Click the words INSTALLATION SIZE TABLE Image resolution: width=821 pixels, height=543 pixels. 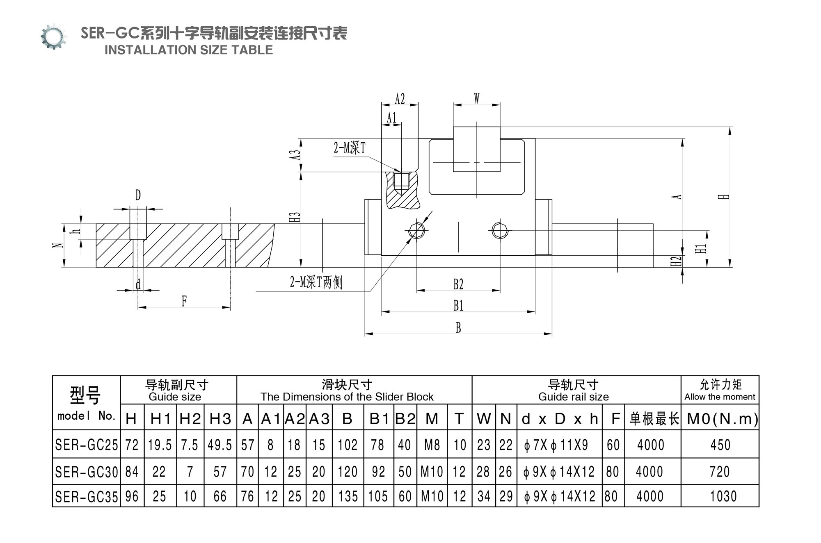pos(189,50)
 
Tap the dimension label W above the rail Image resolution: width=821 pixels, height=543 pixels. pos(476,98)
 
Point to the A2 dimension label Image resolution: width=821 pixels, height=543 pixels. pos(400,99)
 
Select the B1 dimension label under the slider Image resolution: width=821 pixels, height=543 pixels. pos(458,305)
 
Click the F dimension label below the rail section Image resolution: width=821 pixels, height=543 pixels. pos(184,301)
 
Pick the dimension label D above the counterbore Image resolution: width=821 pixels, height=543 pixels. pos(138,195)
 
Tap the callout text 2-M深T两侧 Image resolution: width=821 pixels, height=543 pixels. pos(316,282)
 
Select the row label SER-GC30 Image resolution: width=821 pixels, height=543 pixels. pos(87,472)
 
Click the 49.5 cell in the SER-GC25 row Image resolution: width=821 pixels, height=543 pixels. pos(220,445)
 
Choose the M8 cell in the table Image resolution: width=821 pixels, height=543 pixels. pos(432,445)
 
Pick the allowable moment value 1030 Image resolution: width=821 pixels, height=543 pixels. pos(723,496)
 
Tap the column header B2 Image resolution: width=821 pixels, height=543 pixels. pos(405,418)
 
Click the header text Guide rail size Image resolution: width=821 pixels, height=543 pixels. pos(573,397)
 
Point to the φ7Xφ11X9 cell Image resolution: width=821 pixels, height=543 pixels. pos(556,445)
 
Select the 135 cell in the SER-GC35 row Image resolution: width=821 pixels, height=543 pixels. pos(348,496)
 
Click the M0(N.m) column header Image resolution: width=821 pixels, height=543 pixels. pos(723,418)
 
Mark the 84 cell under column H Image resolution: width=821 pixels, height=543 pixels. pos(132,472)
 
